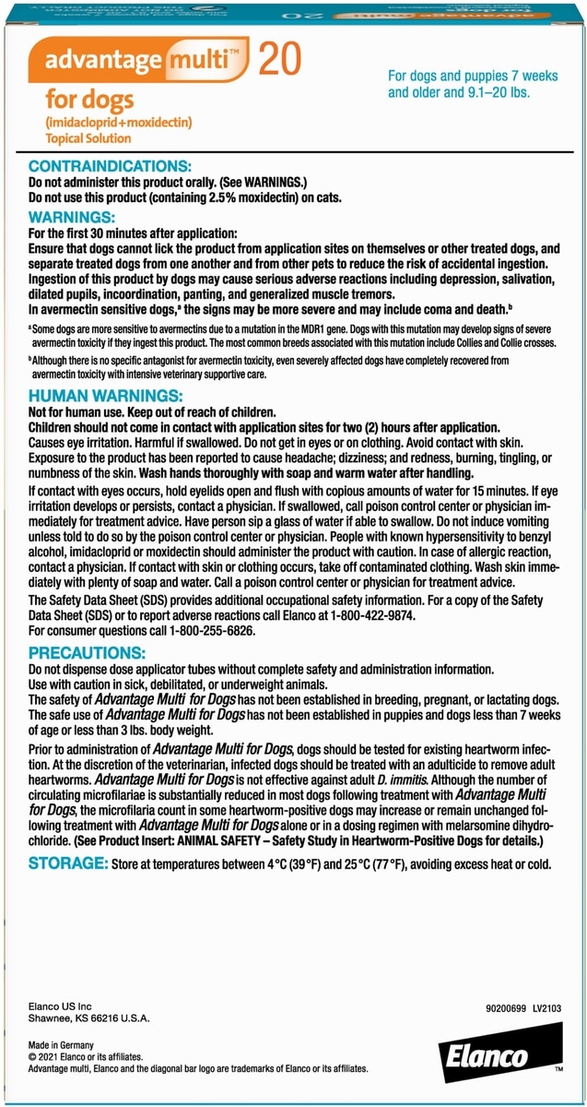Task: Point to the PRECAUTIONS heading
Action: click(88, 652)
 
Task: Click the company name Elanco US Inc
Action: click(58, 1005)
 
